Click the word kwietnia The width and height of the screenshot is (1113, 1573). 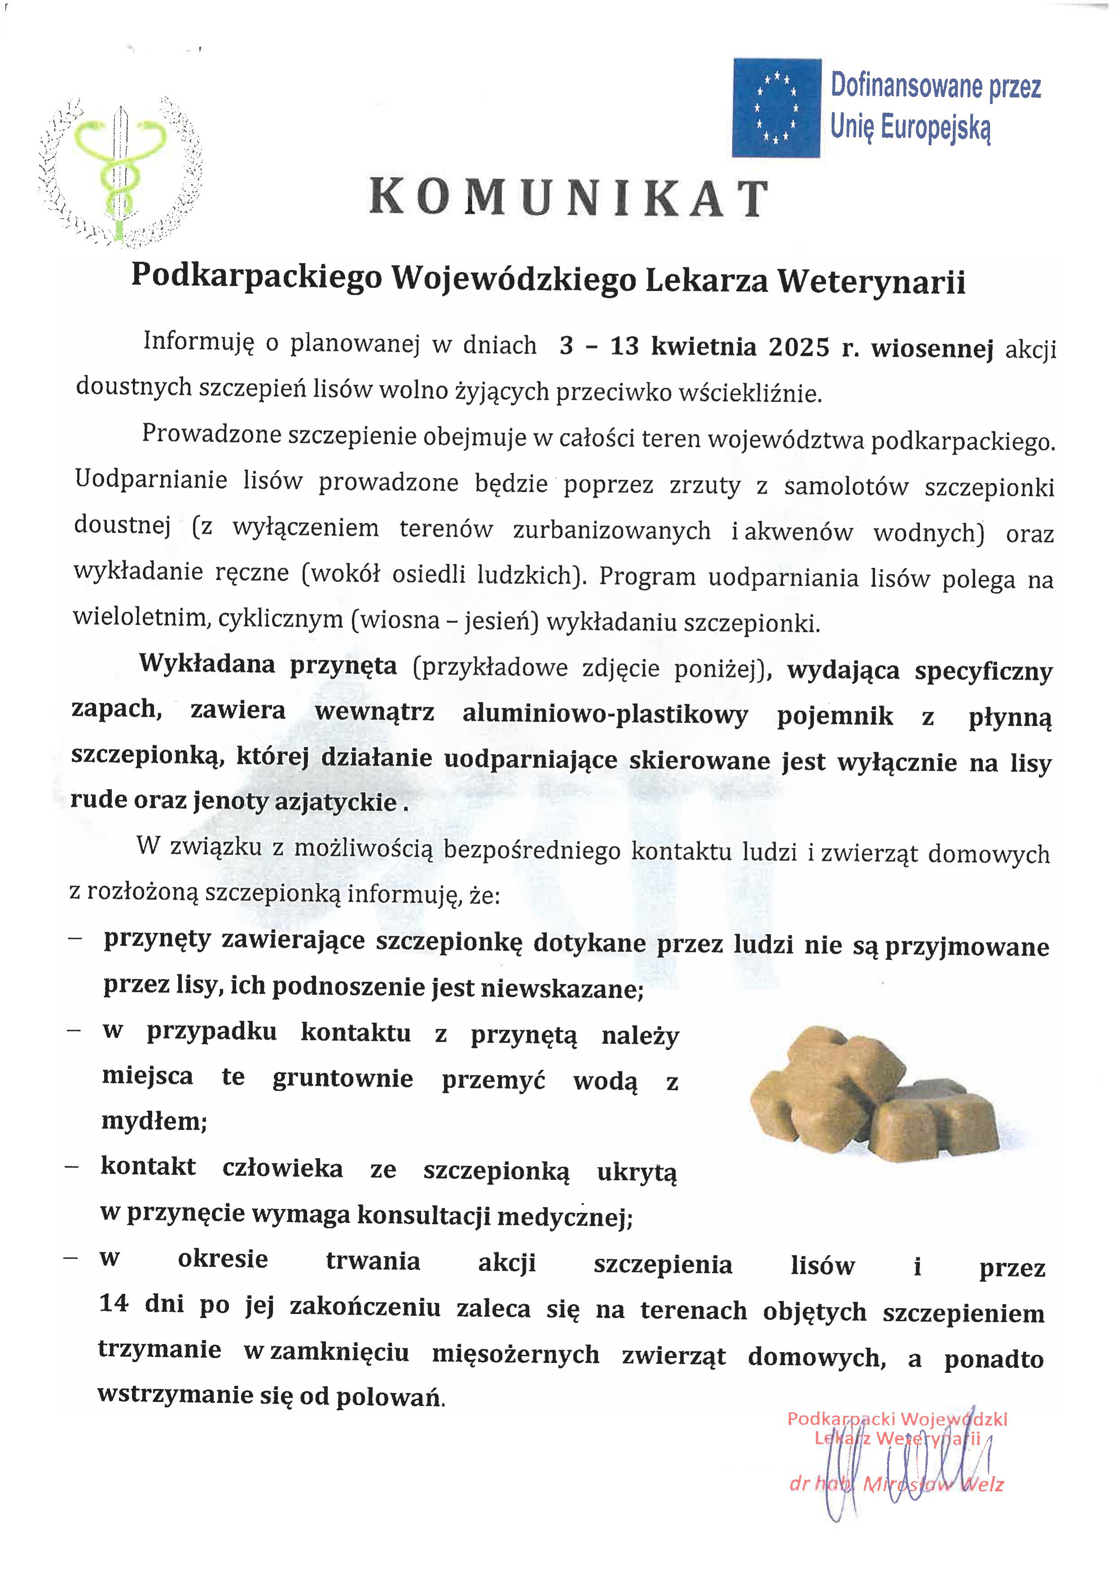point(703,347)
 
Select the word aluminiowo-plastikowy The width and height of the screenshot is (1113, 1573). point(605,715)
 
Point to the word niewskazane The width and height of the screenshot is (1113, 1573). point(561,988)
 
